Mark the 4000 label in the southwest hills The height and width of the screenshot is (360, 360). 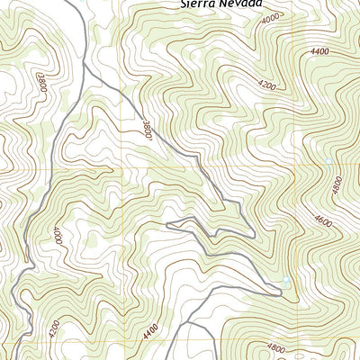click(x=57, y=236)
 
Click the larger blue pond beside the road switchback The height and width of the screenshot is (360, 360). click(x=285, y=283)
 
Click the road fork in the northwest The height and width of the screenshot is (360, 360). click(x=84, y=67)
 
